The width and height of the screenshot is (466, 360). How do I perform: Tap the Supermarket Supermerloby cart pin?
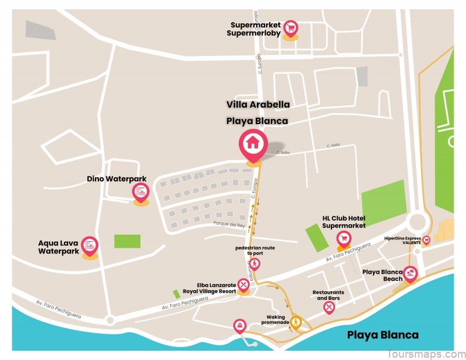pos(290,28)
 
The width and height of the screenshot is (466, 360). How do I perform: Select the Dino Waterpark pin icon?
pos(140,191)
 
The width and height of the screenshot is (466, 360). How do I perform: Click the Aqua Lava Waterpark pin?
pos(90,245)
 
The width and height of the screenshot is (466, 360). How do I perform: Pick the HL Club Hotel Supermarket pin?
pos(344,238)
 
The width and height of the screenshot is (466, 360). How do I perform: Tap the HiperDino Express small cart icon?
pos(426,239)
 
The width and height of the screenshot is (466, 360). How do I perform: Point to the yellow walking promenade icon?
pos(296,322)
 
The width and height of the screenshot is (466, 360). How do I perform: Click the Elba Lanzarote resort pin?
pos(243,284)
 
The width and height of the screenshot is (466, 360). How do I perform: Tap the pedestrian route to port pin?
pos(255,264)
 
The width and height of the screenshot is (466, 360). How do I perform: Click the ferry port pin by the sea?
pos(239,325)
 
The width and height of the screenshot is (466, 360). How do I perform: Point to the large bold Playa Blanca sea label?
pos(383,334)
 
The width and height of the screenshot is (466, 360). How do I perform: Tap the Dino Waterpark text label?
pos(116,179)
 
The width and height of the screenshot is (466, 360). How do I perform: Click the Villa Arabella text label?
pos(257,105)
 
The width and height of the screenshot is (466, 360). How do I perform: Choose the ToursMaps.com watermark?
pos(426,354)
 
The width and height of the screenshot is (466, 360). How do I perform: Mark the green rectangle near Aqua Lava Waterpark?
pos(127,241)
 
